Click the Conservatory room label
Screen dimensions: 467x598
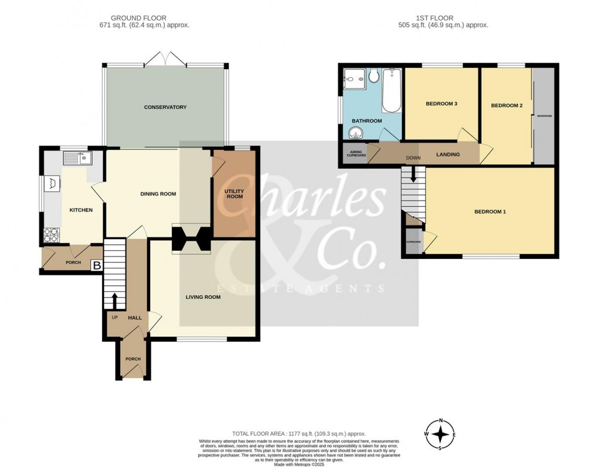(165, 107)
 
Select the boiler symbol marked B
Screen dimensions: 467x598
(96, 266)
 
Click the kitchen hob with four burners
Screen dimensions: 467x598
(52, 236)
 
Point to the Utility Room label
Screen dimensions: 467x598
(234, 194)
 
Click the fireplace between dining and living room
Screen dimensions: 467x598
(191, 239)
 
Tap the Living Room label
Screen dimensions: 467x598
(203, 297)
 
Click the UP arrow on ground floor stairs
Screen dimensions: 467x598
(115, 301)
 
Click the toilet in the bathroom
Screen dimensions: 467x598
(373, 75)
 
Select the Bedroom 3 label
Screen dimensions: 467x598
(441, 104)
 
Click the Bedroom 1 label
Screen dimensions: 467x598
(490, 212)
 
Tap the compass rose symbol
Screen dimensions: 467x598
(441, 435)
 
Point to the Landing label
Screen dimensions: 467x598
(448, 155)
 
